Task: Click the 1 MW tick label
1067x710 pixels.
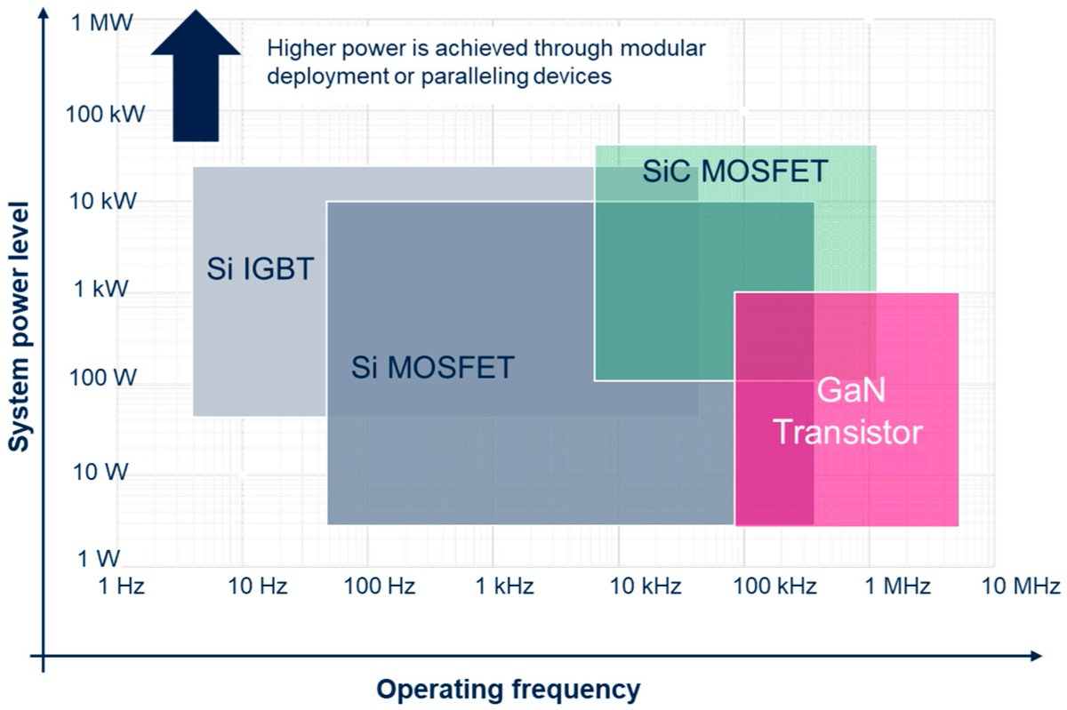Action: click(x=102, y=22)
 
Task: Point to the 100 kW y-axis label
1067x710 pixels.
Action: click(x=102, y=113)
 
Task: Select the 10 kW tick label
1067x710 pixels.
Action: click(x=103, y=201)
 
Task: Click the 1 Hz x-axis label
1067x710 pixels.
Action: click(x=120, y=586)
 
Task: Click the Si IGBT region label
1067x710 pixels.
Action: click(x=261, y=268)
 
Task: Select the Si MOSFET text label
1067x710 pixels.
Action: click(x=432, y=367)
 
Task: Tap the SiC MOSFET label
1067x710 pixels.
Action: click(x=735, y=171)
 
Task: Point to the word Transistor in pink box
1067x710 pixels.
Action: click(x=846, y=433)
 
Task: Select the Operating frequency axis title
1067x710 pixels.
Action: click(x=508, y=690)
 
